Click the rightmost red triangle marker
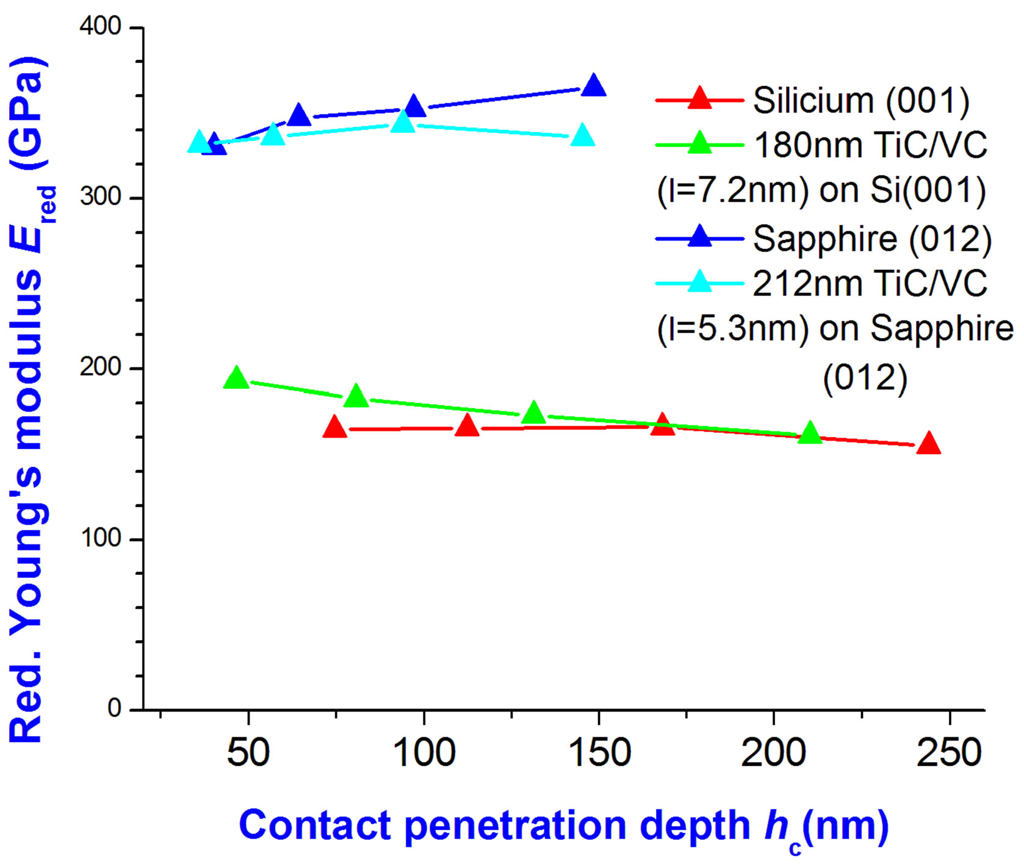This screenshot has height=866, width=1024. (929, 444)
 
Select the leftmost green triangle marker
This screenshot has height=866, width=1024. (236, 379)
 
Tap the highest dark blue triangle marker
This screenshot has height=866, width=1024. (593, 87)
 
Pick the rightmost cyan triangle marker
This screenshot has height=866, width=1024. (583, 136)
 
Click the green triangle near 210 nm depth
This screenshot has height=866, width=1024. (810, 433)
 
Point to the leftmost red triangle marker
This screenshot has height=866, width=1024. (334, 428)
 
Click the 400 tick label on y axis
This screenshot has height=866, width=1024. (101, 27)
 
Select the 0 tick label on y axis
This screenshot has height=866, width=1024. (114, 709)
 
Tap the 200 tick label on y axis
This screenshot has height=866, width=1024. (101, 368)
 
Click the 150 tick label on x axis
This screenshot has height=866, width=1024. (599, 752)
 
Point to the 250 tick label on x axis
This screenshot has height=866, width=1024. (949, 752)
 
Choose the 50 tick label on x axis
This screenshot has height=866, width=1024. (248, 752)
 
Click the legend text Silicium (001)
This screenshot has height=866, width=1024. (860, 100)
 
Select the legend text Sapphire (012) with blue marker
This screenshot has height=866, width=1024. (871, 239)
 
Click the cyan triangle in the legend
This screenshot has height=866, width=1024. (699, 282)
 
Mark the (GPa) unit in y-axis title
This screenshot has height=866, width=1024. (27, 113)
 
